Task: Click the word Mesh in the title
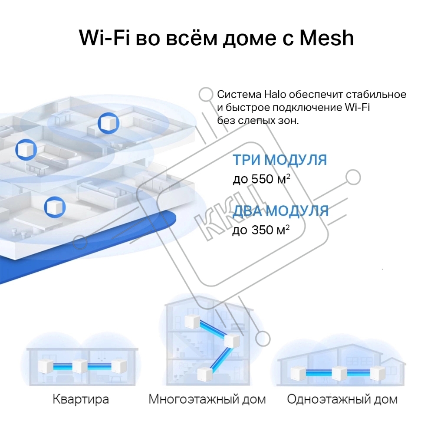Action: [x=327, y=38]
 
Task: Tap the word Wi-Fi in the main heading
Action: [x=104, y=38]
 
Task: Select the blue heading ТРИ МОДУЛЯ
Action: [x=279, y=160]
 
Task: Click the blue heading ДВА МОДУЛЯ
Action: [x=280, y=211]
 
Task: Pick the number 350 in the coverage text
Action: [x=262, y=230]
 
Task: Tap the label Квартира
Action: [x=81, y=399]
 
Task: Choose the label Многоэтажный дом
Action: [x=207, y=399]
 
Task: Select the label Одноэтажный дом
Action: [x=342, y=399]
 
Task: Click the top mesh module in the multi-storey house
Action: [x=192, y=321]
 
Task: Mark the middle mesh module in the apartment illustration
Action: [x=80, y=366]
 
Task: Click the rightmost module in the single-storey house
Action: [x=378, y=373]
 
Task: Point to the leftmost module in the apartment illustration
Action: [x=46, y=366]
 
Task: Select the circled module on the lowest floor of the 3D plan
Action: [x=55, y=207]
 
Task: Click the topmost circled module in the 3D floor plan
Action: [x=108, y=123]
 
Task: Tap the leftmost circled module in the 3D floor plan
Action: [x=26, y=149]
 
